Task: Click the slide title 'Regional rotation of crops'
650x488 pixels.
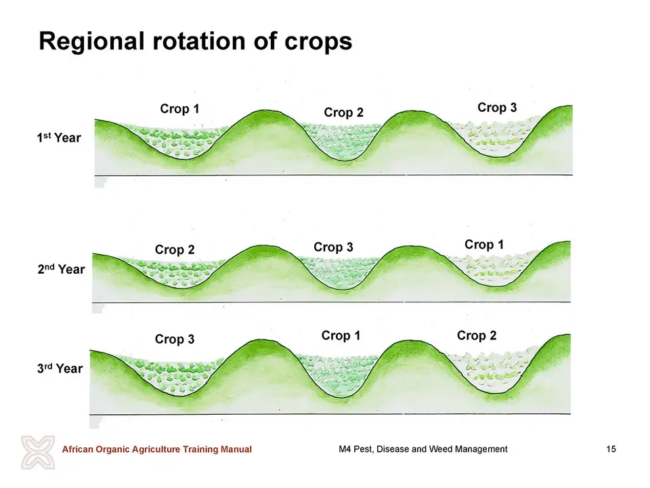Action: (x=195, y=41)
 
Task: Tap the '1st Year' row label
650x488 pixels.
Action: (x=59, y=138)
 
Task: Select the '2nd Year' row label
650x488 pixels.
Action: (x=61, y=269)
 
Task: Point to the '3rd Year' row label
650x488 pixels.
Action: (x=60, y=368)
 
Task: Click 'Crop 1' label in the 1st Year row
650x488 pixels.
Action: (x=179, y=108)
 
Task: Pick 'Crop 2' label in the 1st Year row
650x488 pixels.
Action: (x=344, y=113)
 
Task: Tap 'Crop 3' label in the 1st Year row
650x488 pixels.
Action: (x=497, y=108)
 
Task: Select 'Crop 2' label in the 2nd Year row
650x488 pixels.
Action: (x=175, y=250)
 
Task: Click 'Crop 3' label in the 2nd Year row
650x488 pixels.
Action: (x=333, y=247)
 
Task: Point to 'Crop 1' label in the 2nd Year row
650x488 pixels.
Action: (x=483, y=245)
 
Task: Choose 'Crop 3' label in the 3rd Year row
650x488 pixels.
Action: (x=175, y=339)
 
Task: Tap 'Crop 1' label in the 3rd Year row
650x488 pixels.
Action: (x=341, y=335)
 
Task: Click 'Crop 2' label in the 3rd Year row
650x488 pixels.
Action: (x=477, y=335)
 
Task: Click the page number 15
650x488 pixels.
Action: (x=611, y=449)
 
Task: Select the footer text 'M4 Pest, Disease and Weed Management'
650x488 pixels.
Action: (x=422, y=449)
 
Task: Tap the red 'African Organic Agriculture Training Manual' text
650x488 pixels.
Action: (x=156, y=449)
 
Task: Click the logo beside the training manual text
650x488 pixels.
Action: (x=38, y=452)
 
